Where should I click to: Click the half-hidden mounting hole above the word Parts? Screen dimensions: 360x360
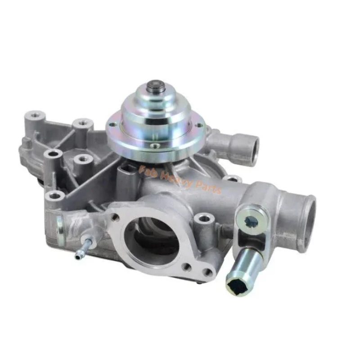tap(226, 180)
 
